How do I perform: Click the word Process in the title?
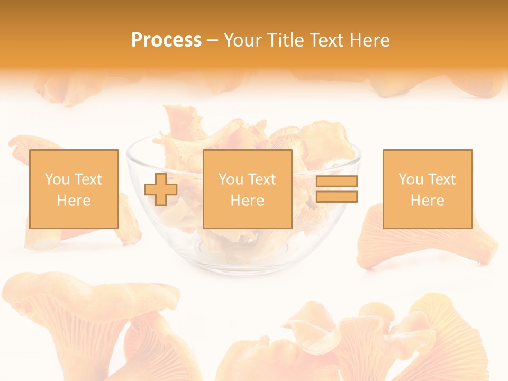[166, 40]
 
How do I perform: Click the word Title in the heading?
[287, 40]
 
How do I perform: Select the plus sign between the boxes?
[161, 189]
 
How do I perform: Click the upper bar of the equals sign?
[337, 181]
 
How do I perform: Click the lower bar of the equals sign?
[337, 197]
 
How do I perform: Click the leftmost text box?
[74, 189]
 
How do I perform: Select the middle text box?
[247, 189]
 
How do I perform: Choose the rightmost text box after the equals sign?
[427, 189]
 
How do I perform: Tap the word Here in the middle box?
[247, 201]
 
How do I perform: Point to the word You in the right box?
[411, 179]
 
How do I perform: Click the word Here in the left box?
[74, 201]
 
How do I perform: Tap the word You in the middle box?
[231, 179]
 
